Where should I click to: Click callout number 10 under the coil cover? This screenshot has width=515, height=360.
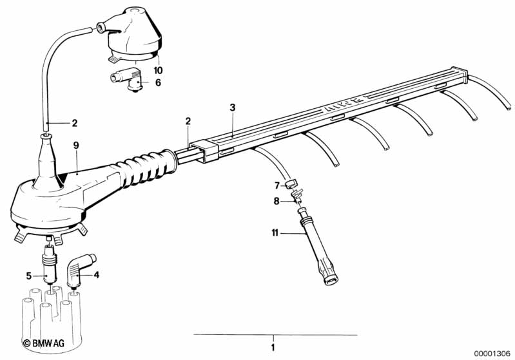coord(158,70)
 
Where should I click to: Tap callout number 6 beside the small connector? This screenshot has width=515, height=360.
coord(158,82)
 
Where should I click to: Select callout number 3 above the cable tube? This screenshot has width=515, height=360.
coord(233,108)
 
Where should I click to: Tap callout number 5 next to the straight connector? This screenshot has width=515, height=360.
coord(28,276)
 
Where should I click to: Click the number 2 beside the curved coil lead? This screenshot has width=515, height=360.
coord(74,122)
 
